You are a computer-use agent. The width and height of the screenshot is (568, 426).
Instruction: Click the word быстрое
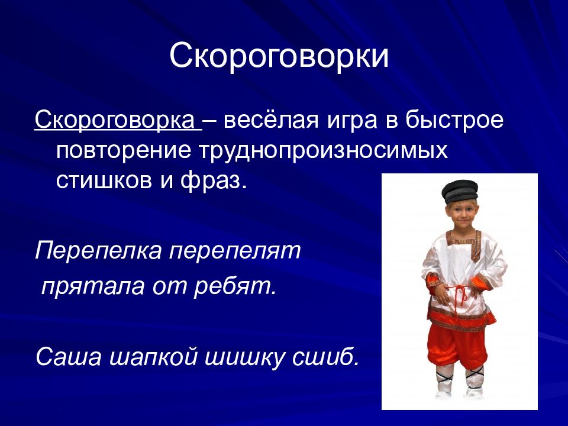(x=454, y=120)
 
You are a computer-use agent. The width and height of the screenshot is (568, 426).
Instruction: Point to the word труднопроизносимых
(x=324, y=151)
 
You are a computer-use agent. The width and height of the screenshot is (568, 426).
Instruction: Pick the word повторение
(x=124, y=151)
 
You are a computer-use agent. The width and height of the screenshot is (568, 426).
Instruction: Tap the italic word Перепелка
(x=98, y=250)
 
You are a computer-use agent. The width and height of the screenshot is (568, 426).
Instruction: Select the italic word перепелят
(x=235, y=250)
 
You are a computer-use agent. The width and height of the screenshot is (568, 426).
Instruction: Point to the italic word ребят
(x=235, y=286)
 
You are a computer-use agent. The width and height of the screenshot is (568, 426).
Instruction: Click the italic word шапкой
(x=153, y=357)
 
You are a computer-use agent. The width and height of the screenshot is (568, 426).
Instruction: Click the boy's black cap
(x=459, y=191)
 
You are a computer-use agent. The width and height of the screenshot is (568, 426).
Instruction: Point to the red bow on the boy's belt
(x=458, y=293)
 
